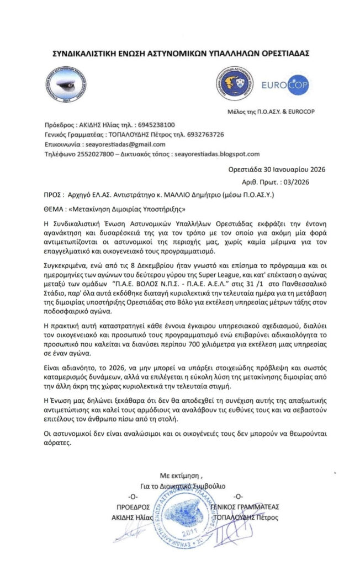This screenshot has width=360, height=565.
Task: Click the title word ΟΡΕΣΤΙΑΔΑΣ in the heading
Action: (x=278, y=54)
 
